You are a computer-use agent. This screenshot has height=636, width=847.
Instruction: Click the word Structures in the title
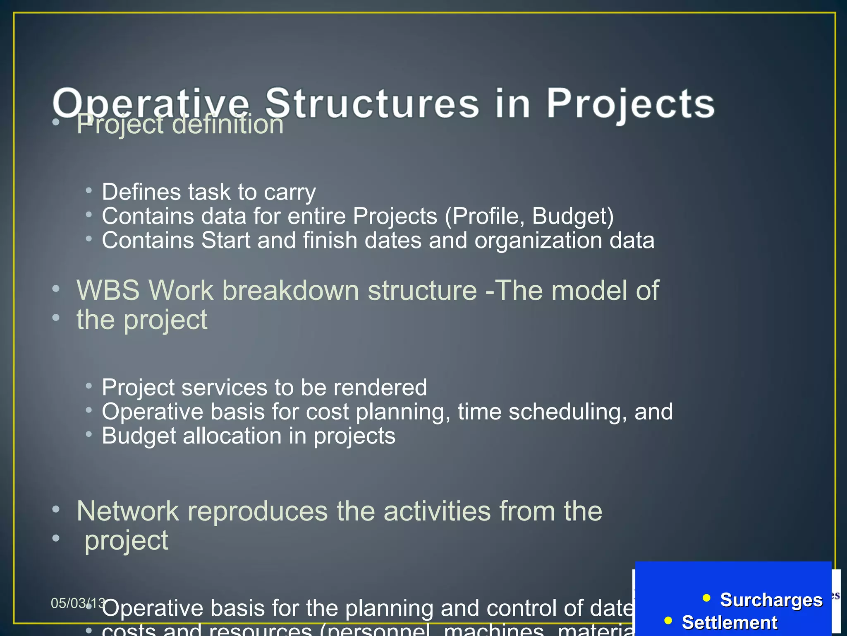pos(372,104)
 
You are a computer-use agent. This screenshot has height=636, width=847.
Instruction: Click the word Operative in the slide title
pos(151,104)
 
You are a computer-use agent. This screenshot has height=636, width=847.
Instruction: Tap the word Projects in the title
pos(631,104)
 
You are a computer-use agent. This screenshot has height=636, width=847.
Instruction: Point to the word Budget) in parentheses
pos(573,216)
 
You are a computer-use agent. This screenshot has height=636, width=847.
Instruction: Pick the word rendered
pos(380,388)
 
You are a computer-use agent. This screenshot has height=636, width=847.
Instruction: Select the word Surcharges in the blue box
pos(771,600)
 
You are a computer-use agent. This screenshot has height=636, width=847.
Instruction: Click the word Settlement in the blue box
pos(730,623)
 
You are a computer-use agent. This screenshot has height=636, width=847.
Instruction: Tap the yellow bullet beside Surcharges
pos(706,597)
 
